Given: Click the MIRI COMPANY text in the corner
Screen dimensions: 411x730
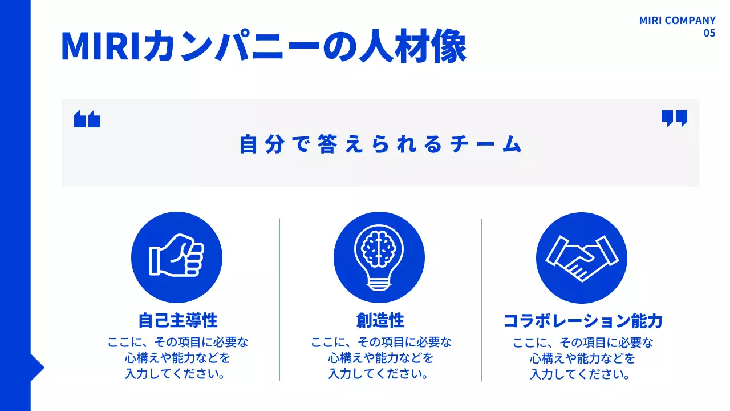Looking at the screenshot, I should pos(677,21).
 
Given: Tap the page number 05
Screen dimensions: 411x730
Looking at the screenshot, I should pos(709,33).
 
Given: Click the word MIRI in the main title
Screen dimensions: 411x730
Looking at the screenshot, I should pos(100,47).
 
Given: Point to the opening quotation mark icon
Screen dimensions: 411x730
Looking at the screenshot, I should pos(87,119).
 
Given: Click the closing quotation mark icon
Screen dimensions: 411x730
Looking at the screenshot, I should pos(674,118).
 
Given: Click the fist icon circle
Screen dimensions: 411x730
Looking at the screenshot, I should pos(177,257).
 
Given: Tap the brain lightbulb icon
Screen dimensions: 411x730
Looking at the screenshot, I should pos(379,257).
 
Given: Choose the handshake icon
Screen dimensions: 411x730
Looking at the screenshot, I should pos(581,257).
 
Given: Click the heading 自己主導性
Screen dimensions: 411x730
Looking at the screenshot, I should pos(178,320).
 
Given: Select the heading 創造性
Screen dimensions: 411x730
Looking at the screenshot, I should pos(380,320).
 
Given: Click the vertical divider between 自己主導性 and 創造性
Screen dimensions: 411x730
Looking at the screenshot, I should pos(279,299).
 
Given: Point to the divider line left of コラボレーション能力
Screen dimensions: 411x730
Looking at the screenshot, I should pos(481,299).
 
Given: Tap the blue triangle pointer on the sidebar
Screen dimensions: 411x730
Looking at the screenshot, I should pos(36,368).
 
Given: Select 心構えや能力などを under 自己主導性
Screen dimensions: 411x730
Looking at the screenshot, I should pos(178,358).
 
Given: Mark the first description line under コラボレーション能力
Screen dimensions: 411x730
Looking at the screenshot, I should pos(582,342).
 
